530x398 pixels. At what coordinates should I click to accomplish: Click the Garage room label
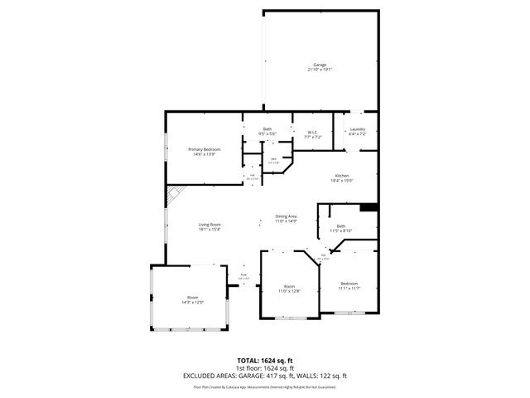tap(320, 65)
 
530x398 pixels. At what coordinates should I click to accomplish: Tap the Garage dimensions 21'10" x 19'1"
tap(320, 70)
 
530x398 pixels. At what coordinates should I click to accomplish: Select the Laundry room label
tap(357, 129)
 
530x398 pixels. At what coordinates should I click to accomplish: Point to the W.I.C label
tap(312, 132)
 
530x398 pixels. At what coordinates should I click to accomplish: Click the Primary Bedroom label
tap(204, 149)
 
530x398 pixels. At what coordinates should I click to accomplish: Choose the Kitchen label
tap(343, 176)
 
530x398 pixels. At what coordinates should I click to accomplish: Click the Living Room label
tap(210, 225)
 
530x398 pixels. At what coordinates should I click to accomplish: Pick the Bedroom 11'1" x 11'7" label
tap(349, 284)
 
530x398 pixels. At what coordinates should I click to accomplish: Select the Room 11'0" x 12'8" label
tap(288, 287)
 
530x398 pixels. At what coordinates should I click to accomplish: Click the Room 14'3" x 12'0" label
tap(192, 297)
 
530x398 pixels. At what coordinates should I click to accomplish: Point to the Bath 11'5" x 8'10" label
tap(341, 226)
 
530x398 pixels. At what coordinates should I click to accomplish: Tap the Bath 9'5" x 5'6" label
tap(267, 129)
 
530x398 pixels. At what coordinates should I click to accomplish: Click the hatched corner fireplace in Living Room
tap(173, 195)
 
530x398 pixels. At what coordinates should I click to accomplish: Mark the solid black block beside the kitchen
tap(369, 207)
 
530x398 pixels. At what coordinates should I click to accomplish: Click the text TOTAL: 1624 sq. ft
tap(265, 360)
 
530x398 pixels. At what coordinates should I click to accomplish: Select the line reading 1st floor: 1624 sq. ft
tap(265, 367)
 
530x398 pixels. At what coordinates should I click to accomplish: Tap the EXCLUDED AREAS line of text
tap(265, 376)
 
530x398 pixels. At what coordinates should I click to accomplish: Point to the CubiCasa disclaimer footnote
tap(265, 386)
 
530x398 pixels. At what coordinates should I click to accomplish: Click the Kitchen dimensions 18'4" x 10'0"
tap(343, 181)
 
